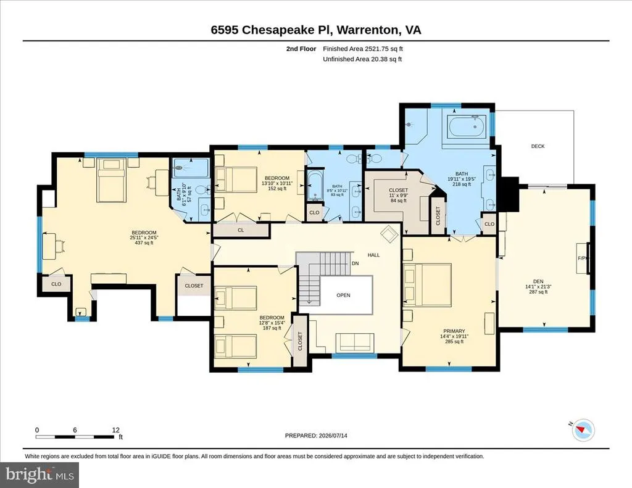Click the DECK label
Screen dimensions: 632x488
tap(538, 146)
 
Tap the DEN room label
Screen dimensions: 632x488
tap(538, 281)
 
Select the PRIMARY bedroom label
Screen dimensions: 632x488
tap(454, 331)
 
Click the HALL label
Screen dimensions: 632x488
tap(373, 255)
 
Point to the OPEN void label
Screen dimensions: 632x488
tap(343, 295)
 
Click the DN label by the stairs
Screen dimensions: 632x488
tap(355, 263)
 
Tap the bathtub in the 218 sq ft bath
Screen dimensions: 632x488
tap(468, 126)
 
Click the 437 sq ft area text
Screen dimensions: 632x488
tap(144, 243)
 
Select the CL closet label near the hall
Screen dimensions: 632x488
tap(241, 230)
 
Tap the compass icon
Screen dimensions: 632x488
tap(583, 431)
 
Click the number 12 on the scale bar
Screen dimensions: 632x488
tap(116, 430)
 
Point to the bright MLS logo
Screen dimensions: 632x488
tap(39, 474)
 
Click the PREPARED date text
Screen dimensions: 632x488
tap(316, 436)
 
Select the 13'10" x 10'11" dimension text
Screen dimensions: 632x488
tap(277, 183)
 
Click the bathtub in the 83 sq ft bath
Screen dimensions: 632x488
tap(314, 186)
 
